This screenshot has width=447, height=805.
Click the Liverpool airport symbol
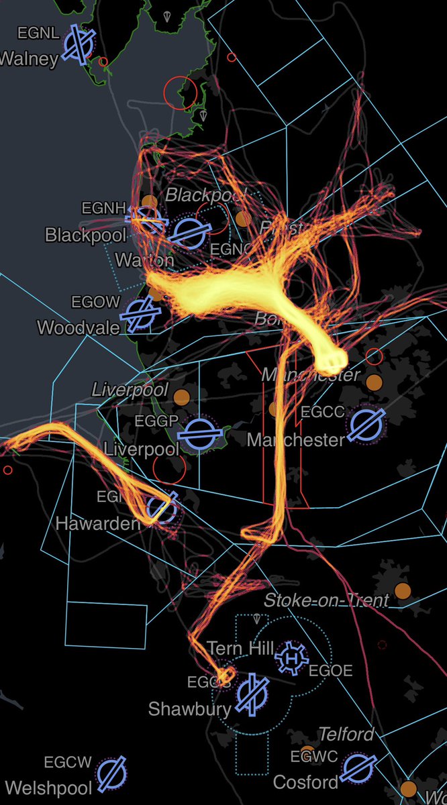(199, 434)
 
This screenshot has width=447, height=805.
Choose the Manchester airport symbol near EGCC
(366, 424)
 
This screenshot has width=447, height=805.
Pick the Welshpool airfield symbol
(111, 775)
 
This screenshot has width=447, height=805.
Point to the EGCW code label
(67, 762)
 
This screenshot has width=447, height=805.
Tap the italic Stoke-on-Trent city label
(326, 600)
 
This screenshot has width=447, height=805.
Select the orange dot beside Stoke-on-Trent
(402, 591)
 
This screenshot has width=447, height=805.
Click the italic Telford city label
(346, 735)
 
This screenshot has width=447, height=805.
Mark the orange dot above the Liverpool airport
(181, 396)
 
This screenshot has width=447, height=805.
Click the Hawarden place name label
(98, 523)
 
